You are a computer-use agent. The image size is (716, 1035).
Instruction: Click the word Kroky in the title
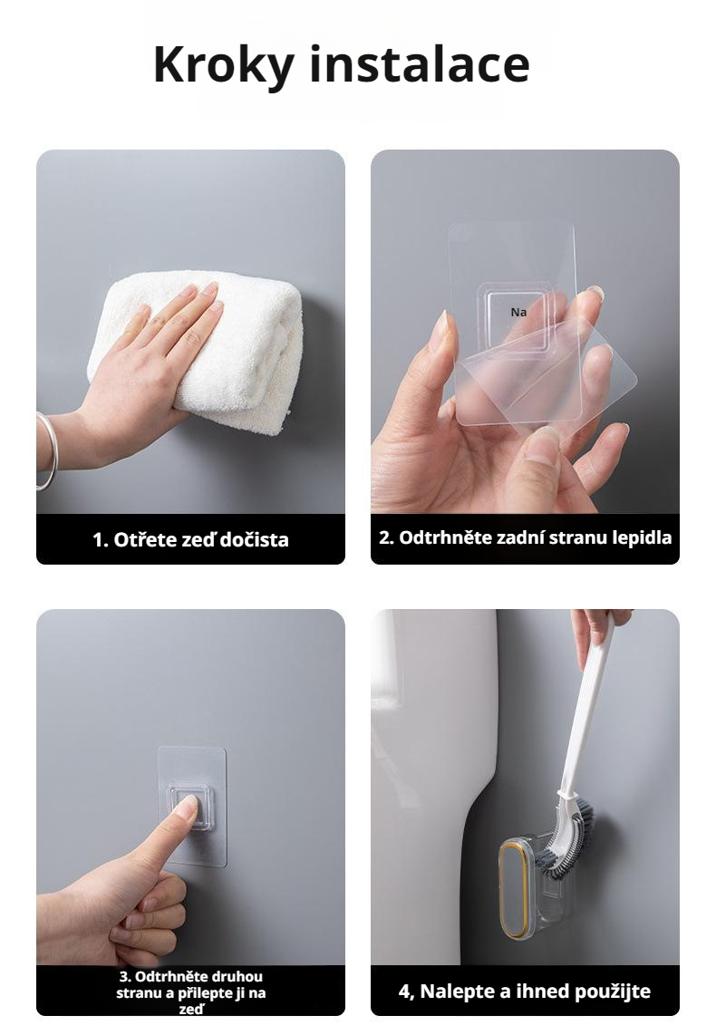[x=223, y=65]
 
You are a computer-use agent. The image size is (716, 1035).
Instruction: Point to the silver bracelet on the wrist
[x=46, y=450]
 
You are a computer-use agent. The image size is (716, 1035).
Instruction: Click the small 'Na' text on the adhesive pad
[x=518, y=312]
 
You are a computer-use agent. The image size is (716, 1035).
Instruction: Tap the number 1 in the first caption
[x=99, y=540]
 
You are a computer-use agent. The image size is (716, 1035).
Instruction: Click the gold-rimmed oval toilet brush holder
[x=513, y=889]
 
